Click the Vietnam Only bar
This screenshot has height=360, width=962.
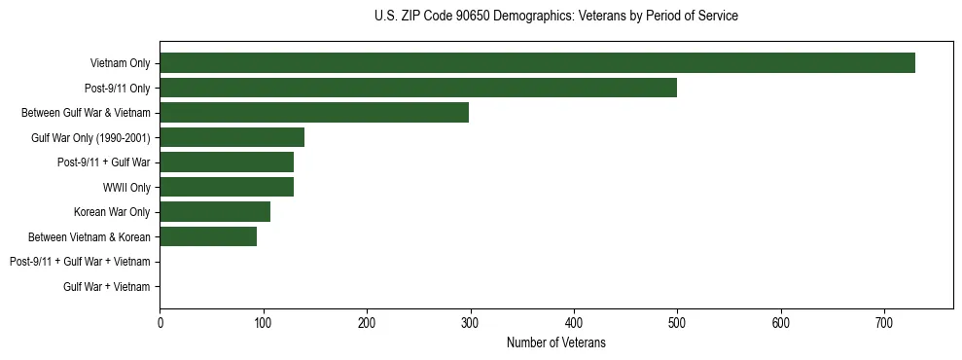coord(537,63)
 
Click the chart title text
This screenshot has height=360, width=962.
coord(555,17)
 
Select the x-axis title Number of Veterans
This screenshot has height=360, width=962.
coord(555,342)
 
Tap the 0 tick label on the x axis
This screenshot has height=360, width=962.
coord(160,322)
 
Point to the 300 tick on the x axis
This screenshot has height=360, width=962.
coord(470,322)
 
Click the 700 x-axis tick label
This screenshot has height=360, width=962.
coord(884,322)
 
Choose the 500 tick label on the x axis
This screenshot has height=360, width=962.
coord(677,322)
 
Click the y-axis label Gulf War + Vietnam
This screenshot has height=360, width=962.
coord(107,286)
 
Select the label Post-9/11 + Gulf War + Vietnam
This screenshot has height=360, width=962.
coord(80,262)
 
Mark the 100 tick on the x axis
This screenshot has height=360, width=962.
coord(263,322)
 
